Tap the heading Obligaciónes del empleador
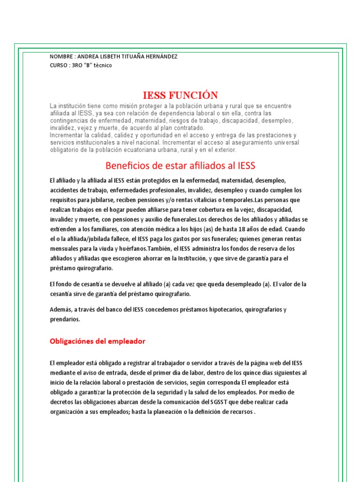tap(98, 341)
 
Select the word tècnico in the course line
tap(102, 65)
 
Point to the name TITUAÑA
tap(126, 56)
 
